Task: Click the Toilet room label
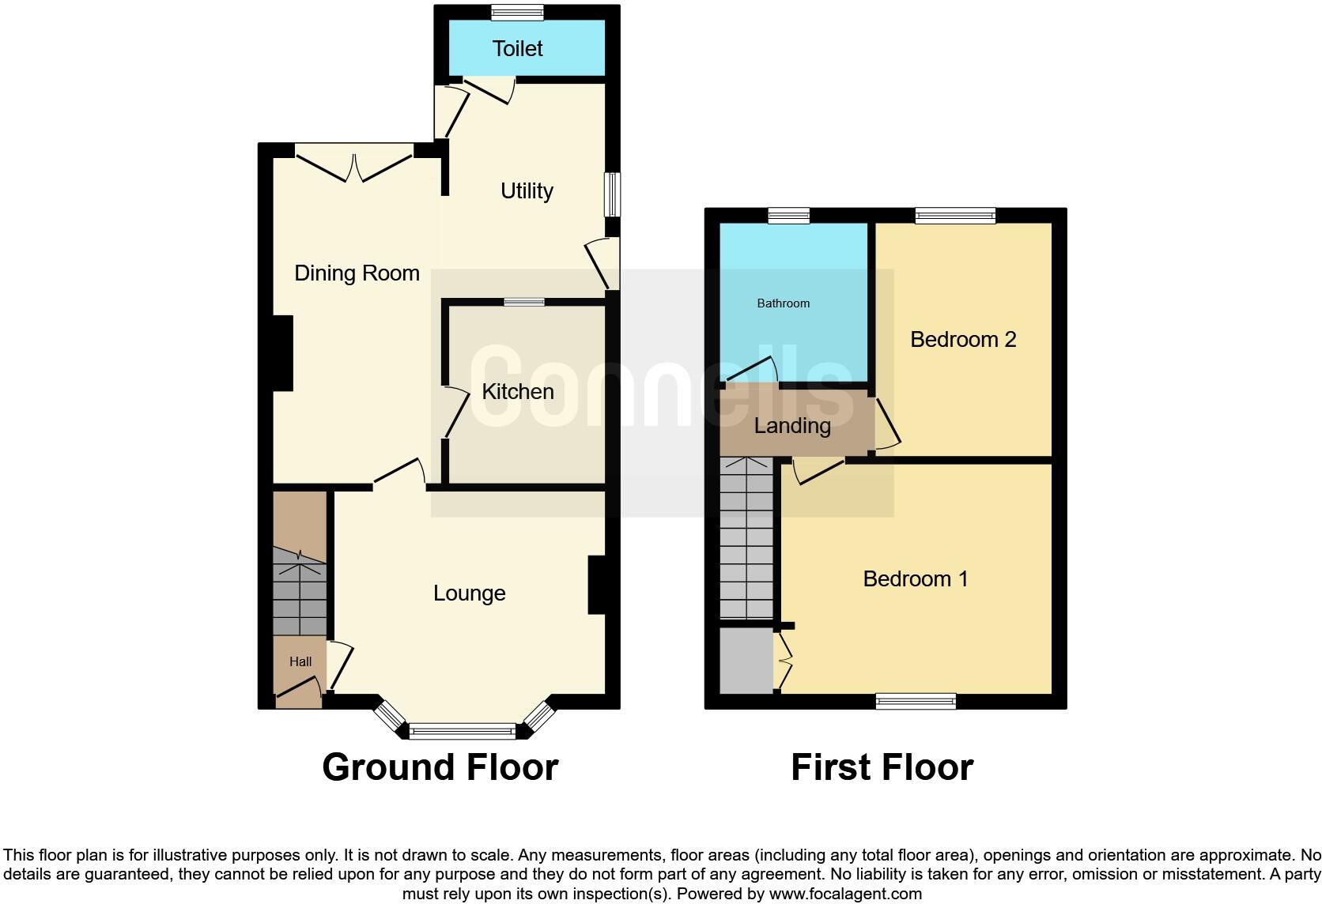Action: point(517,49)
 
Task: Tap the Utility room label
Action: point(527,191)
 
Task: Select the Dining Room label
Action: point(357,273)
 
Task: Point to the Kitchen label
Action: point(518,392)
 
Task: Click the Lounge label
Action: point(469,593)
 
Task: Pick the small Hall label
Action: point(300,662)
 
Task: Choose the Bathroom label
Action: point(783,303)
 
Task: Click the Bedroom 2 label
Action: point(963,340)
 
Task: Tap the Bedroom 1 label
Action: point(916,579)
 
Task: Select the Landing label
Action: point(792,426)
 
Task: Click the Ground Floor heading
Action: point(440,767)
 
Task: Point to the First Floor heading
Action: point(882,767)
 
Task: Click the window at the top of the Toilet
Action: point(517,12)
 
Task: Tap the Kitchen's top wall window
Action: point(524,301)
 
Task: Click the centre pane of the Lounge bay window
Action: point(463,732)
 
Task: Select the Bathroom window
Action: point(789,215)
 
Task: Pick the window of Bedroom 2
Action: point(955,215)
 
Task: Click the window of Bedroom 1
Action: point(916,701)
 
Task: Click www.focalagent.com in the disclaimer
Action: point(845,894)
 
